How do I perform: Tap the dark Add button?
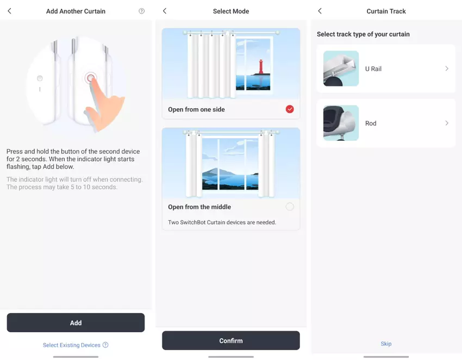pos(76,322)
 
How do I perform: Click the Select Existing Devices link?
pos(72,345)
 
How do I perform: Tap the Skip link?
pos(386,344)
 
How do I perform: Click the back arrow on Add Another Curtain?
pos(9,11)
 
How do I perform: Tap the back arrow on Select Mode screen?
pos(165,11)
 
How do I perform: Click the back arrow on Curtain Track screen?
pos(320,11)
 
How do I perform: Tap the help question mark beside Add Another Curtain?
pos(142,11)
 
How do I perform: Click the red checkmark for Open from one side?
pos(290,109)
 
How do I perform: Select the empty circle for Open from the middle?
pos(290,207)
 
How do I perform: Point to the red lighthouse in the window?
pos(261,67)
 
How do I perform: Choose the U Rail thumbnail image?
pos(341,69)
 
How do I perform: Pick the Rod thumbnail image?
pos(341,123)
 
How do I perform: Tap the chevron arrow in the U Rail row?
pos(447,69)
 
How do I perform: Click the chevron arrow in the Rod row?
pos(447,123)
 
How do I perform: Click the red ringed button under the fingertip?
pos(90,78)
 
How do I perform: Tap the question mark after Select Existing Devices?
pos(105,345)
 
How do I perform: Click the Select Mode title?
pos(231,11)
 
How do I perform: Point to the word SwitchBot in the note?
pos(193,222)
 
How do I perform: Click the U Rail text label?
pos(373,69)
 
